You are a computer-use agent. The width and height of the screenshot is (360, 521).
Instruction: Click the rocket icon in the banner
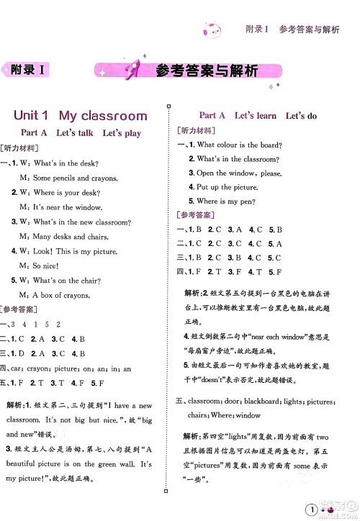tap(134, 71)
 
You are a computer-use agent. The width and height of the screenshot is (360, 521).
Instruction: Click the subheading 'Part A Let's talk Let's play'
tap(81, 133)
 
